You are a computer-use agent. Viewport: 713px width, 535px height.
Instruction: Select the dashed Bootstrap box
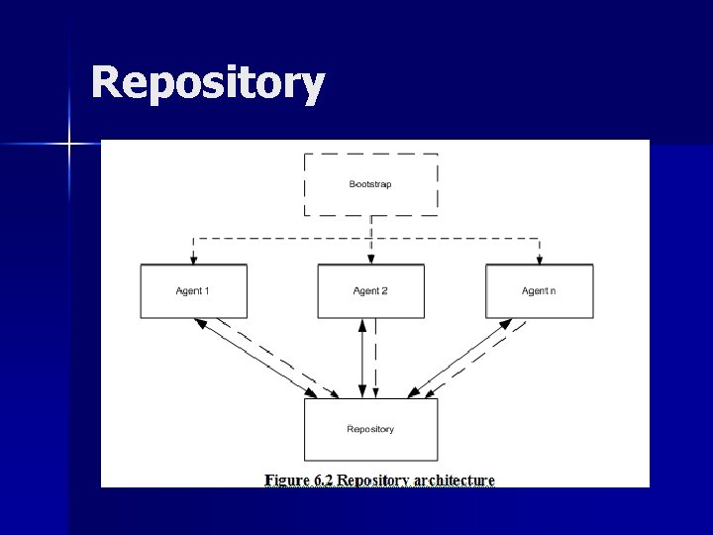(x=370, y=184)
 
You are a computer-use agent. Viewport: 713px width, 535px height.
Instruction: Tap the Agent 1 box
(x=193, y=291)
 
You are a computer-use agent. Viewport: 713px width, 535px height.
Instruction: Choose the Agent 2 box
(x=370, y=291)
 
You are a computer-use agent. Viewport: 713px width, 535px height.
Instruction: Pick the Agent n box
(x=539, y=291)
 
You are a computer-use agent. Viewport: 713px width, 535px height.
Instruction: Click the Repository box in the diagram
(x=370, y=429)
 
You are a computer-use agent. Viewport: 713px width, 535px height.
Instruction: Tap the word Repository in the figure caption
(x=374, y=481)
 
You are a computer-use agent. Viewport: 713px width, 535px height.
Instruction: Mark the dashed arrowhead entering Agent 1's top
(x=193, y=260)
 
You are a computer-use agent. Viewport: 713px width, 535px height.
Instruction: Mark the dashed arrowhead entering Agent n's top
(x=539, y=260)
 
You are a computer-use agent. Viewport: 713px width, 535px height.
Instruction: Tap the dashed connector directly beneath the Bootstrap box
(x=370, y=227)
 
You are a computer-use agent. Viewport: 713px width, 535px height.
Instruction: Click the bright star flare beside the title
(x=69, y=145)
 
